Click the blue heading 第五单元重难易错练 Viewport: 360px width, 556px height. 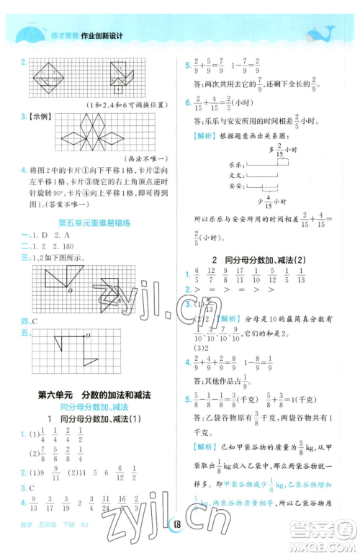(94, 223)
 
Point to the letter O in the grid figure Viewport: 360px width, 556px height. (69, 292)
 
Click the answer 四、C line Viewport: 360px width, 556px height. (30, 320)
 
